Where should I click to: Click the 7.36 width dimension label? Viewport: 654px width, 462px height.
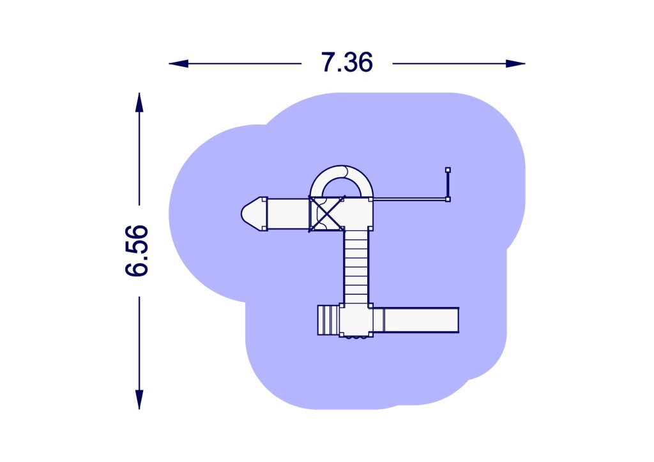(x=347, y=63)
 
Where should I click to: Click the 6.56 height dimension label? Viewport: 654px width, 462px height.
(x=137, y=250)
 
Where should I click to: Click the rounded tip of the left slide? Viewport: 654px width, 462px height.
(x=250, y=213)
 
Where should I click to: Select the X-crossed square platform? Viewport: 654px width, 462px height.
(x=326, y=213)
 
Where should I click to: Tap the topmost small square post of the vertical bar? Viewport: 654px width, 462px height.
(x=448, y=170)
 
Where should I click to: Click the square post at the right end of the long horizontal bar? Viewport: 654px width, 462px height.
(x=448, y=200)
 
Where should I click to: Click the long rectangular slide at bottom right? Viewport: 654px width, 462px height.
(x=420, y=320)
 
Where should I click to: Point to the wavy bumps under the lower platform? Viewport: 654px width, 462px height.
(x=356, y=338)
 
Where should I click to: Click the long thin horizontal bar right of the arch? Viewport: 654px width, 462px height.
(x=409, y=199)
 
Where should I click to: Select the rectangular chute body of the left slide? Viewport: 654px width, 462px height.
(x=286, y=213)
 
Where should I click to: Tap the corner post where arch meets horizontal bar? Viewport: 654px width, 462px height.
(x=371, y=199)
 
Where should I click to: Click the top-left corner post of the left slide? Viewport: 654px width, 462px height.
(x=264, y=199)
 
